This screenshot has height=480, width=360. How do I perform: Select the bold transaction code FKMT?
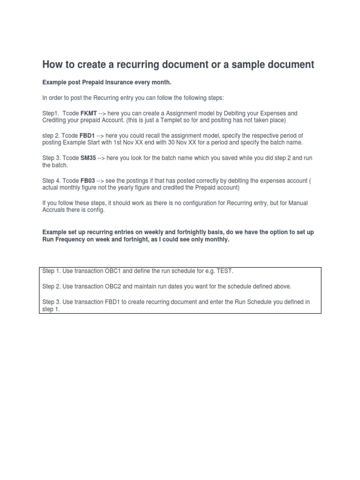pyautogui.click(x=89, y=113)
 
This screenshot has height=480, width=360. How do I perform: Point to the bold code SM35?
pyautogui.click(x=89, y=158)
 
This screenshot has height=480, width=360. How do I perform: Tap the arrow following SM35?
pyautogui.click(x=102, y=158)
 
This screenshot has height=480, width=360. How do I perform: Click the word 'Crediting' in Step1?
pyautogui.click(x=55, y=120)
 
